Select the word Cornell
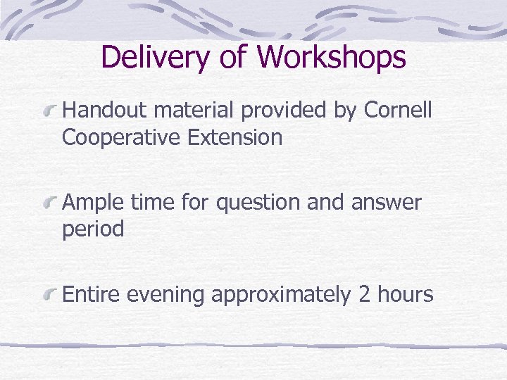(398, 110)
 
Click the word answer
(387, 203)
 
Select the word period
(93, 230)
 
